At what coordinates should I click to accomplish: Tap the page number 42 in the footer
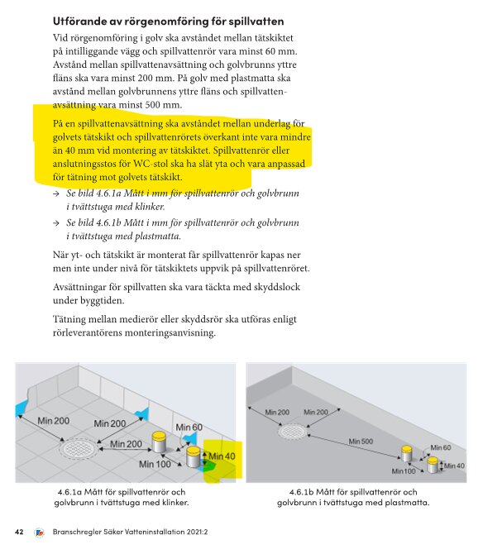pos(19,531)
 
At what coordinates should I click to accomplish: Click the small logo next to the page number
pos(38,531)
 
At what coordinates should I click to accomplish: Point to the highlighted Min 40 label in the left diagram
pos(221,456)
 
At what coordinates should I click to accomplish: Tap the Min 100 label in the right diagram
pos(404,470)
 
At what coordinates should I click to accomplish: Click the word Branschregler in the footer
pos(79,531)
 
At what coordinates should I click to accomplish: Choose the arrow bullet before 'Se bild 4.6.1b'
pos(55,223)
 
